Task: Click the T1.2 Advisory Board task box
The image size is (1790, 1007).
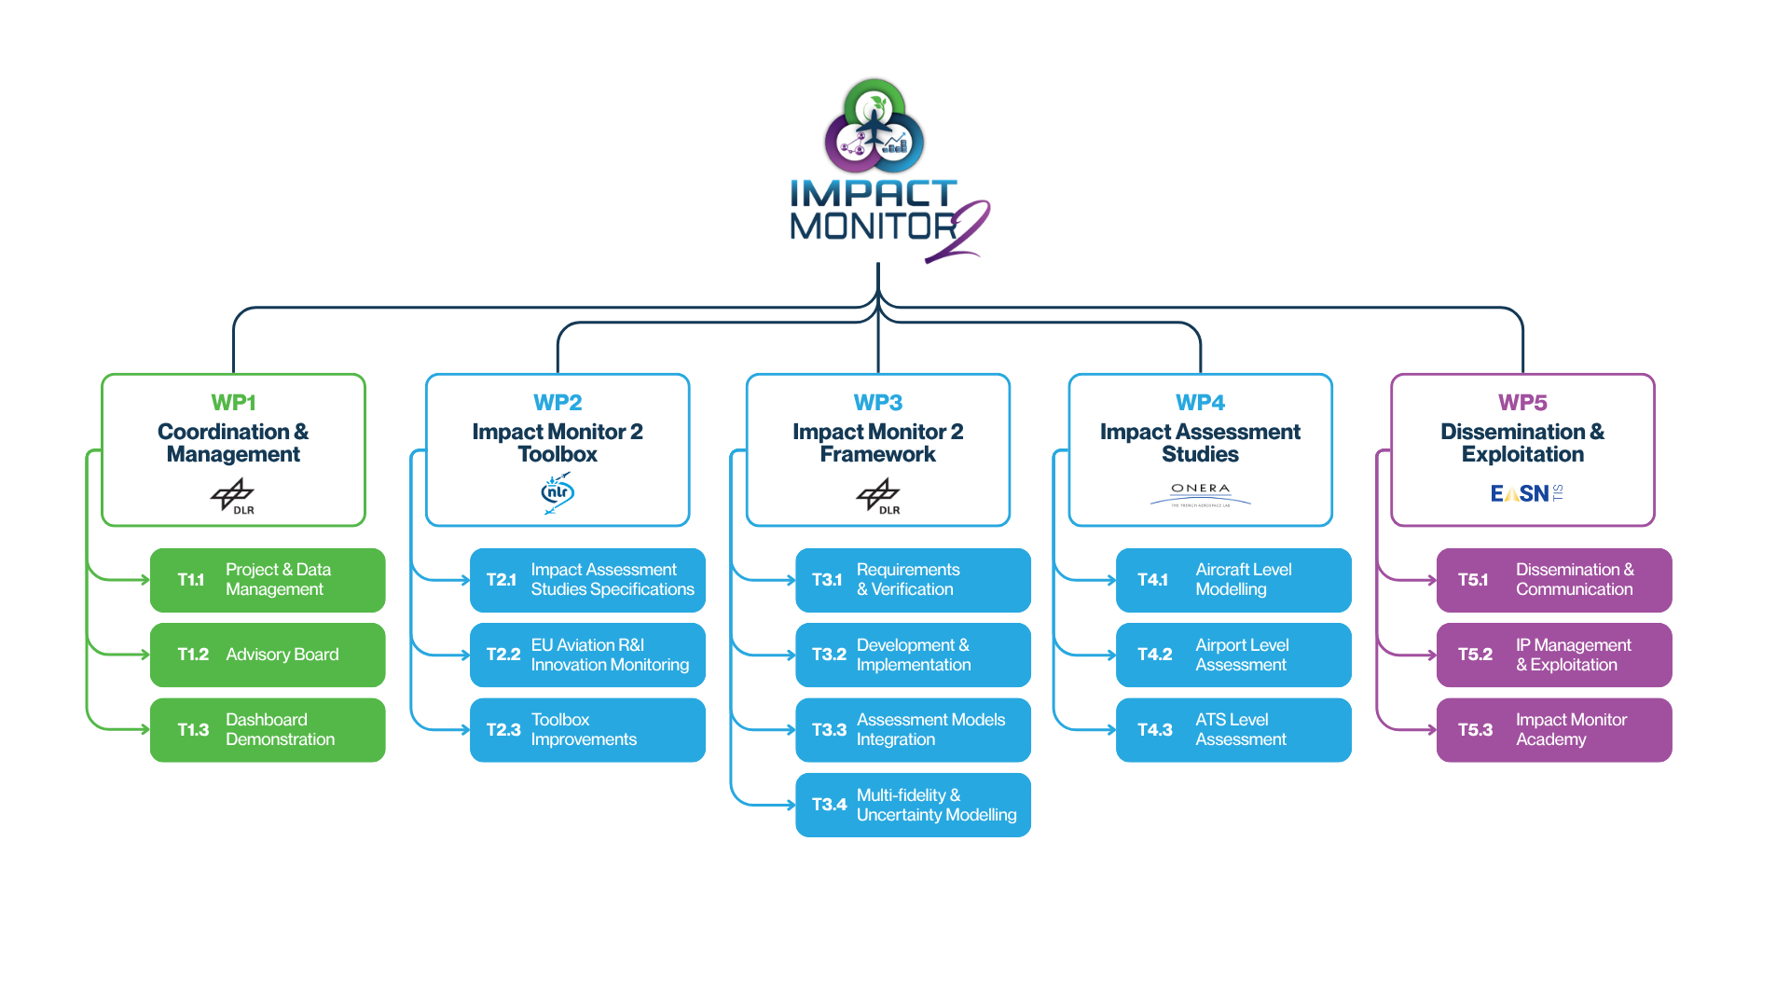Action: [x=268, y=655]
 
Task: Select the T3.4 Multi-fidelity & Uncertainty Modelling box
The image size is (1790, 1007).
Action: [x=913, y=805]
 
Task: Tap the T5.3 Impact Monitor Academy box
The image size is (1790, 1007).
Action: [x=1553, y=730]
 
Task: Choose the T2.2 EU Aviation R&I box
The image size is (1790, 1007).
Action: [x=587, y=655]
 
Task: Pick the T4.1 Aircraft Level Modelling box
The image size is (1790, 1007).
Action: [x=1233, y=580]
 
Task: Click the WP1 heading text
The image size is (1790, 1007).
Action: [x=233, y=402]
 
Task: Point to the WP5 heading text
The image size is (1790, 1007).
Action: [x=1522, y=402]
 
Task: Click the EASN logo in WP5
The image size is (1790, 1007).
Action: [x=1526, y=493]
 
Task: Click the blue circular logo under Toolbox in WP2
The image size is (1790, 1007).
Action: [x=558, y=493]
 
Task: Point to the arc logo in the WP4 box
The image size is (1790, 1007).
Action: [x=1201, y=501]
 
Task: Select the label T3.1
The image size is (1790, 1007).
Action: [x=827, y=580]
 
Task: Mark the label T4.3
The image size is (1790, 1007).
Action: [x=1155, y=730]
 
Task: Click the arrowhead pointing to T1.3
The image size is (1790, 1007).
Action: [x=145, y=730]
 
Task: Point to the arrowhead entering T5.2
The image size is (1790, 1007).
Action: [x=1431, y=655]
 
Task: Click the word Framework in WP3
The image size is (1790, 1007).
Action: [x=878, y=454]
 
